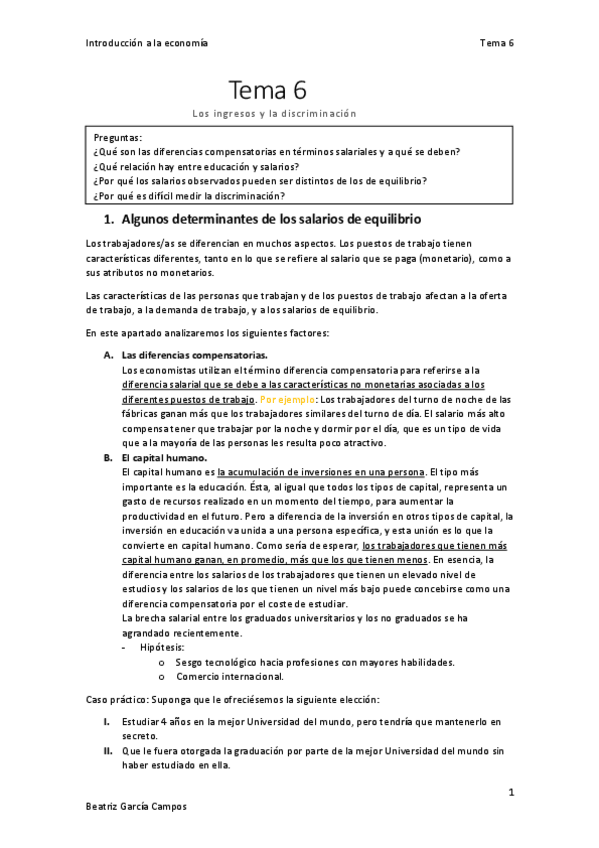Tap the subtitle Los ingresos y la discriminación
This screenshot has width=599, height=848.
click(x=274, y=114)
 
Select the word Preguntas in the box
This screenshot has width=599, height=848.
click(x=118, y=136)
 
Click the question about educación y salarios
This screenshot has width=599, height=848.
click(x=196, y=166)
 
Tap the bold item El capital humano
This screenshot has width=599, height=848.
click(x=164, y=457)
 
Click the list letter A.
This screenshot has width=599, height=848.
click(x=108, y=354)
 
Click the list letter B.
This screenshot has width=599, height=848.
click(x=108, y=457)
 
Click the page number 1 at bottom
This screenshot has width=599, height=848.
click(x=510, y=793)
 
